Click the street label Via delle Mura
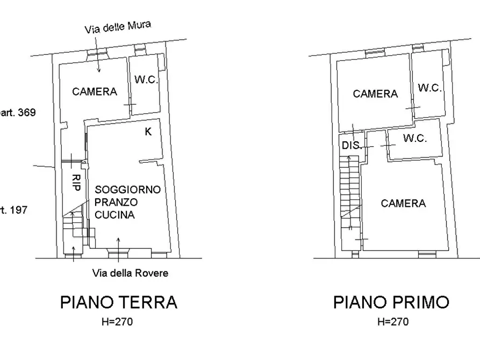pyautogui.click(x=118, y=27)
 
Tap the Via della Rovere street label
pyautogui.click(x=130, y=273)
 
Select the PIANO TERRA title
pyautogui.click(x=118, y=302)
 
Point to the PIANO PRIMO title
pyautogui.click(x=391, y=302)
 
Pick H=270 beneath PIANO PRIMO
pyautogui.click(x=392, y=322)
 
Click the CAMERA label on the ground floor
pyautogui.click(x=95, y=92)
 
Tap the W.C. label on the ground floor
pyautogui.click(x=146, y=80)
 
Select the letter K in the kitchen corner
pyautogui.click(x=148, y=132)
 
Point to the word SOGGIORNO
pyautogui.click(x=128, y=190)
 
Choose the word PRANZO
pyautogui.click(x=116, y=203)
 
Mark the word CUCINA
pyautogui.click(x=114, y=215)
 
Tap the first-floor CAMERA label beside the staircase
pyautogui.click(x=403, y=204)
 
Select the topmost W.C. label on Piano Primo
pyautogui.click(x=429, y=88)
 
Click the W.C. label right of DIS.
pyautogui.click(x=415, y=139)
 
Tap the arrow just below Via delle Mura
pyautogui.click(x=99, y=63)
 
